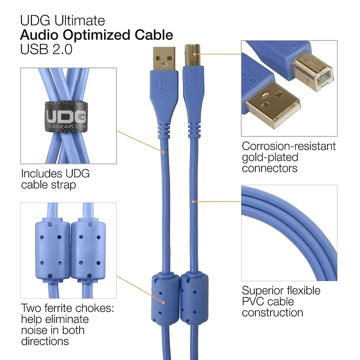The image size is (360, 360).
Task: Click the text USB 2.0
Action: point(46,50)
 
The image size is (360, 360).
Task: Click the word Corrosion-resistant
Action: point(289,147)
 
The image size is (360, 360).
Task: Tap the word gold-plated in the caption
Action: point(269,157)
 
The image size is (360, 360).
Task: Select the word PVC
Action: point(252,302)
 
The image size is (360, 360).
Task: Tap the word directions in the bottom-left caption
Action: point(45,341)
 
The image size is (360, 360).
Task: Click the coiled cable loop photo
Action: point(289,233)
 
